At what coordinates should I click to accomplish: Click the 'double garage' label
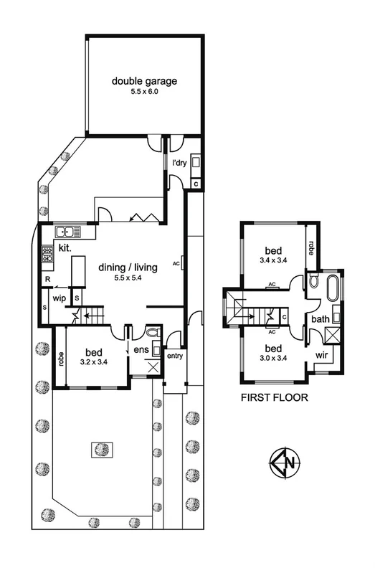(x=144, y=80)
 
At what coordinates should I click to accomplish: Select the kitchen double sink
(x=65, y=231)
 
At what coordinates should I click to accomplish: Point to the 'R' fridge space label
(x=47, y=279)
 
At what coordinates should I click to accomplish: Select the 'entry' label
(x=174, y=356)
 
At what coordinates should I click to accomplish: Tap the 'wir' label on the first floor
(x=321, y=354)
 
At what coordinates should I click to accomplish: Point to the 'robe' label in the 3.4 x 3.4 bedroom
(x=310, y=247)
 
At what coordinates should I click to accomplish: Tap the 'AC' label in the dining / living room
(x=176, y=262)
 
